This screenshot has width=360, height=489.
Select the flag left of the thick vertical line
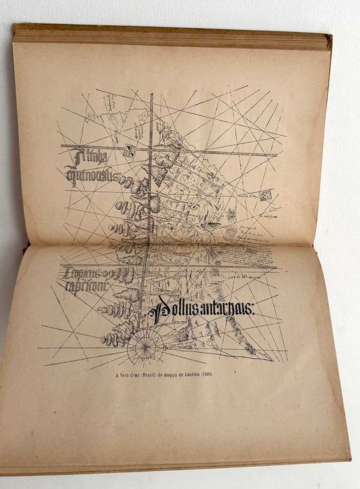[130, 149]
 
